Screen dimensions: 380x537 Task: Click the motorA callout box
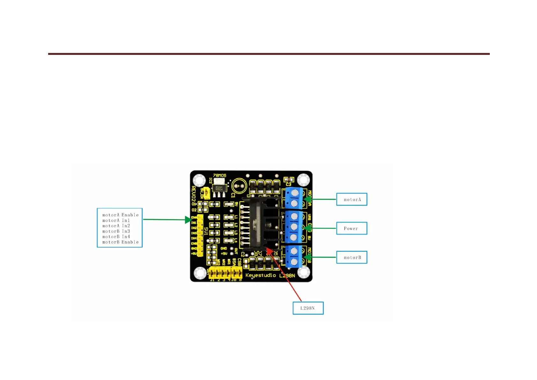[x=352, y=199]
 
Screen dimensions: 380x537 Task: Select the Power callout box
[x=352, y=228]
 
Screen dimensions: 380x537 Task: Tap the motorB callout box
[x=352, y=257]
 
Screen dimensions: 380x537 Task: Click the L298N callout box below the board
[x=308, y=308]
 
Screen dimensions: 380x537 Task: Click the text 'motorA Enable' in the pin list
[x=120, y=215]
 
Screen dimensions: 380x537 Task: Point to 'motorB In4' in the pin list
[x=116, y=237]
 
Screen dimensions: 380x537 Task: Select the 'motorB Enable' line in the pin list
[x=120, y=242]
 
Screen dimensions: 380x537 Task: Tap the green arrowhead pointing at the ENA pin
[x=188, y=220]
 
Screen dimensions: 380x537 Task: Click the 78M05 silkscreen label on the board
[x=219, y=175]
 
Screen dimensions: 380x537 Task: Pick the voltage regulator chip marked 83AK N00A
[x=219, y=188]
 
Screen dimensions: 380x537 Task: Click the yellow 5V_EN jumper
[x=206, y=193]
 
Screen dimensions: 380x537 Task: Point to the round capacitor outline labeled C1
[x=239, y=186]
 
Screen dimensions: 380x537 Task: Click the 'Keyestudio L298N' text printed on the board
[x=270, y=275]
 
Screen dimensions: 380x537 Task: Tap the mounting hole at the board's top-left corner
[x=199, y=180]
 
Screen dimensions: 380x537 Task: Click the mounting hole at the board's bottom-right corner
[x=303, y=272]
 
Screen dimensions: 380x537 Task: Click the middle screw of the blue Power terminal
[x=294, y=227]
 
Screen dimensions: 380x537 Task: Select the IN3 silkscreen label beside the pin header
[x=194, y=233]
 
